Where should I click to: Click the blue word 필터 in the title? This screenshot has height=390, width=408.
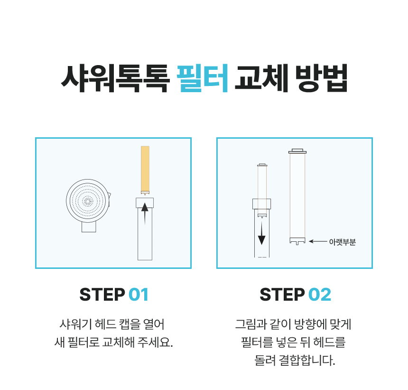203,78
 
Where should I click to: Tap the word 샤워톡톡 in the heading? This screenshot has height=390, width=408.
115,78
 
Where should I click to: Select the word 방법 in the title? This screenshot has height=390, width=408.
321,78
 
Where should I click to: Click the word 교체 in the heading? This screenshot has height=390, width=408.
261,78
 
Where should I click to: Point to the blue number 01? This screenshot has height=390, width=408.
139,295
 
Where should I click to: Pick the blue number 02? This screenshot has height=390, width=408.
320,295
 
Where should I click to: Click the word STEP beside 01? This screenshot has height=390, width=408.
102,295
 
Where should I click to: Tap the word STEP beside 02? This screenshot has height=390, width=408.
282,295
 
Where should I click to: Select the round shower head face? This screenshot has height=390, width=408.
88,201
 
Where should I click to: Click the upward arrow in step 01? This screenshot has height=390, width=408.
145,214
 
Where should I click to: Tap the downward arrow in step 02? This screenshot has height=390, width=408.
261,233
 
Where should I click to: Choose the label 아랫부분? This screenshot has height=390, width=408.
342,242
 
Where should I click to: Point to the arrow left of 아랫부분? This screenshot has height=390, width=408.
318,241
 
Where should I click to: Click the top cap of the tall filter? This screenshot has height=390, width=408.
297,151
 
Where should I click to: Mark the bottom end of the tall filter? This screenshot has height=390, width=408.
297,241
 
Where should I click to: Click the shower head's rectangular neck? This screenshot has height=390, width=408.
89,227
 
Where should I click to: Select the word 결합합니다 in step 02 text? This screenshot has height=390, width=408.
307,360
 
